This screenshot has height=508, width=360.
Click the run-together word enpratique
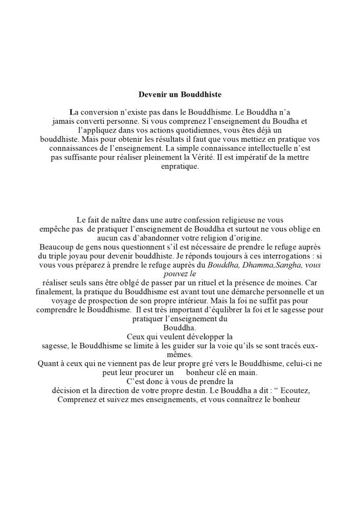coord(179,167)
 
